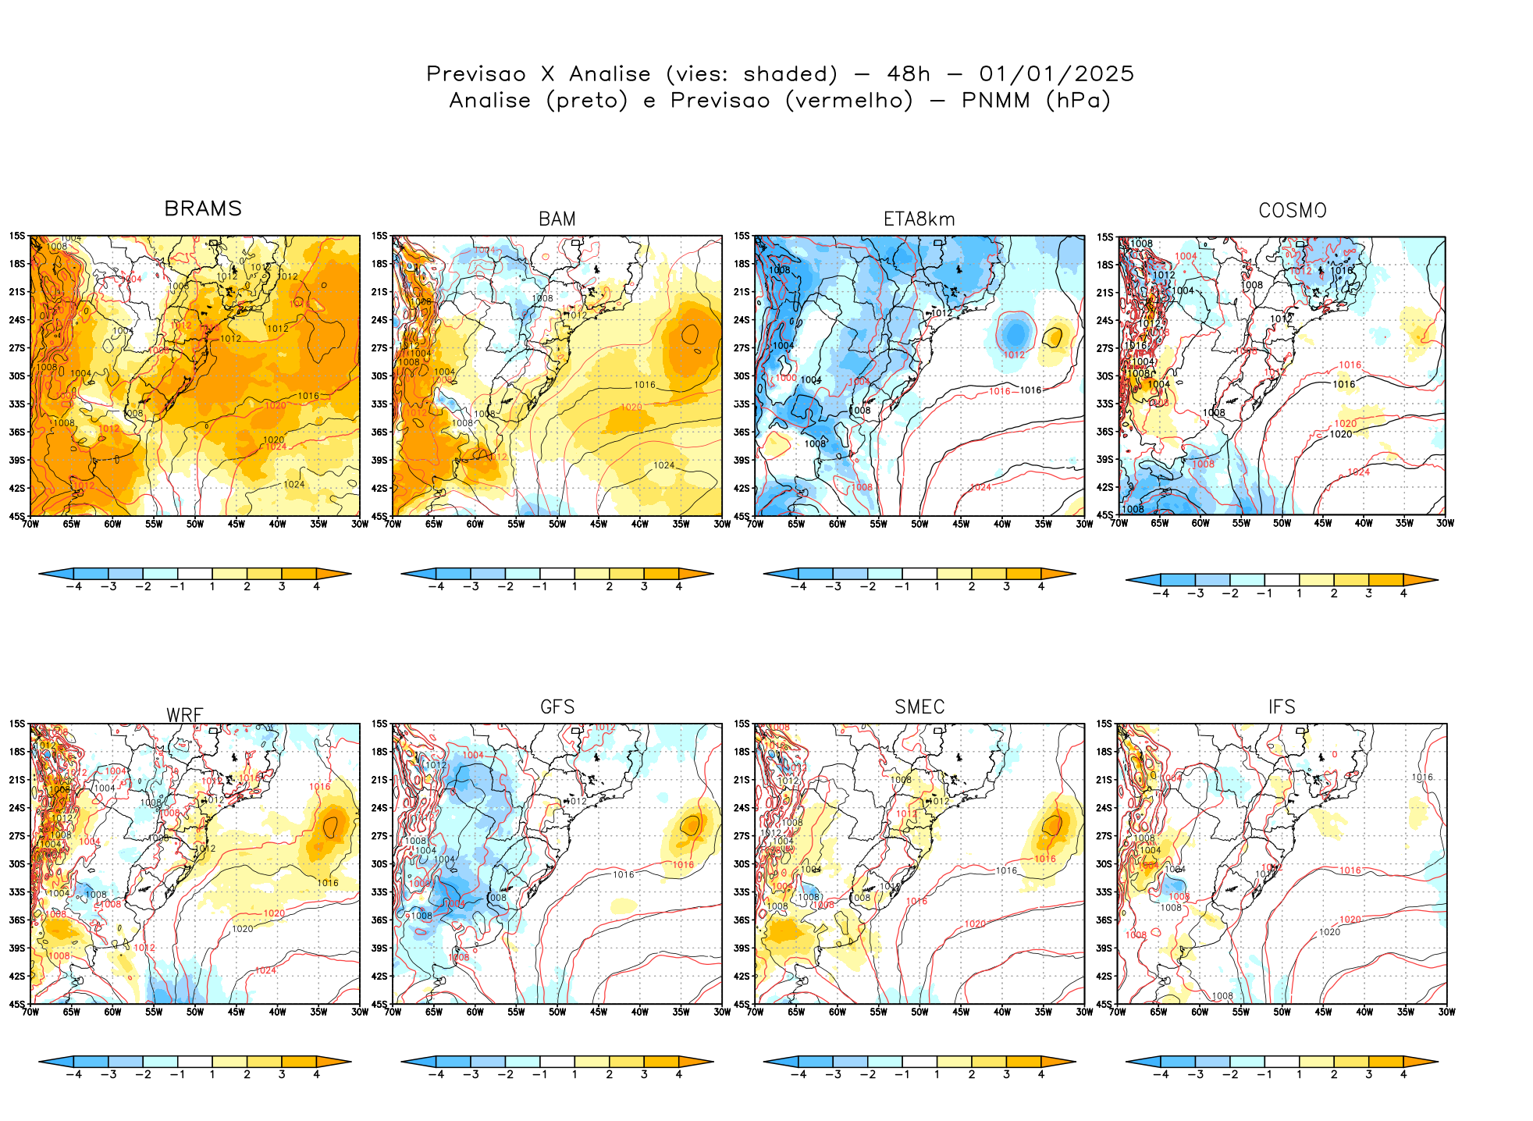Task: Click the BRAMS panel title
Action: (x=203, y=208)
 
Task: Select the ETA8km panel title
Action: (x=919, y=219)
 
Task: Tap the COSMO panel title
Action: (x=1292, y=211)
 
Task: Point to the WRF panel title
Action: (x=185, y=715)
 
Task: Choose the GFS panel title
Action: (x=557, y=707)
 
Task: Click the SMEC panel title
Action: (x=919, y=707)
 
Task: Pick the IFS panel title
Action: (x=1282, y=707)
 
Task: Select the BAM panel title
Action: (x=557, y=219)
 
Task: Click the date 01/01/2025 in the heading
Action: (x=1056, y=74)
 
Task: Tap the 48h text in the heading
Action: (x=909, y=74)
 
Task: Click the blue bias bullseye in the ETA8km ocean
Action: (x=1015, y=333)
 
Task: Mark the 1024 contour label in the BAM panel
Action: (x=664, y=465)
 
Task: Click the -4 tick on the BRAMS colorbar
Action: (x=74, y=586)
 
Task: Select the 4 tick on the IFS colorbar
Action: (x=1403, y=1074)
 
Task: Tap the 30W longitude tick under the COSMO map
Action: (x=1445, y=523)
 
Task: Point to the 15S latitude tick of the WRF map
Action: (x=16, y=724)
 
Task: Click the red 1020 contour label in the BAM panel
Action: (x=631, y=407)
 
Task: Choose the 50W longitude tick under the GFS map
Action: (x=557, y=1012)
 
